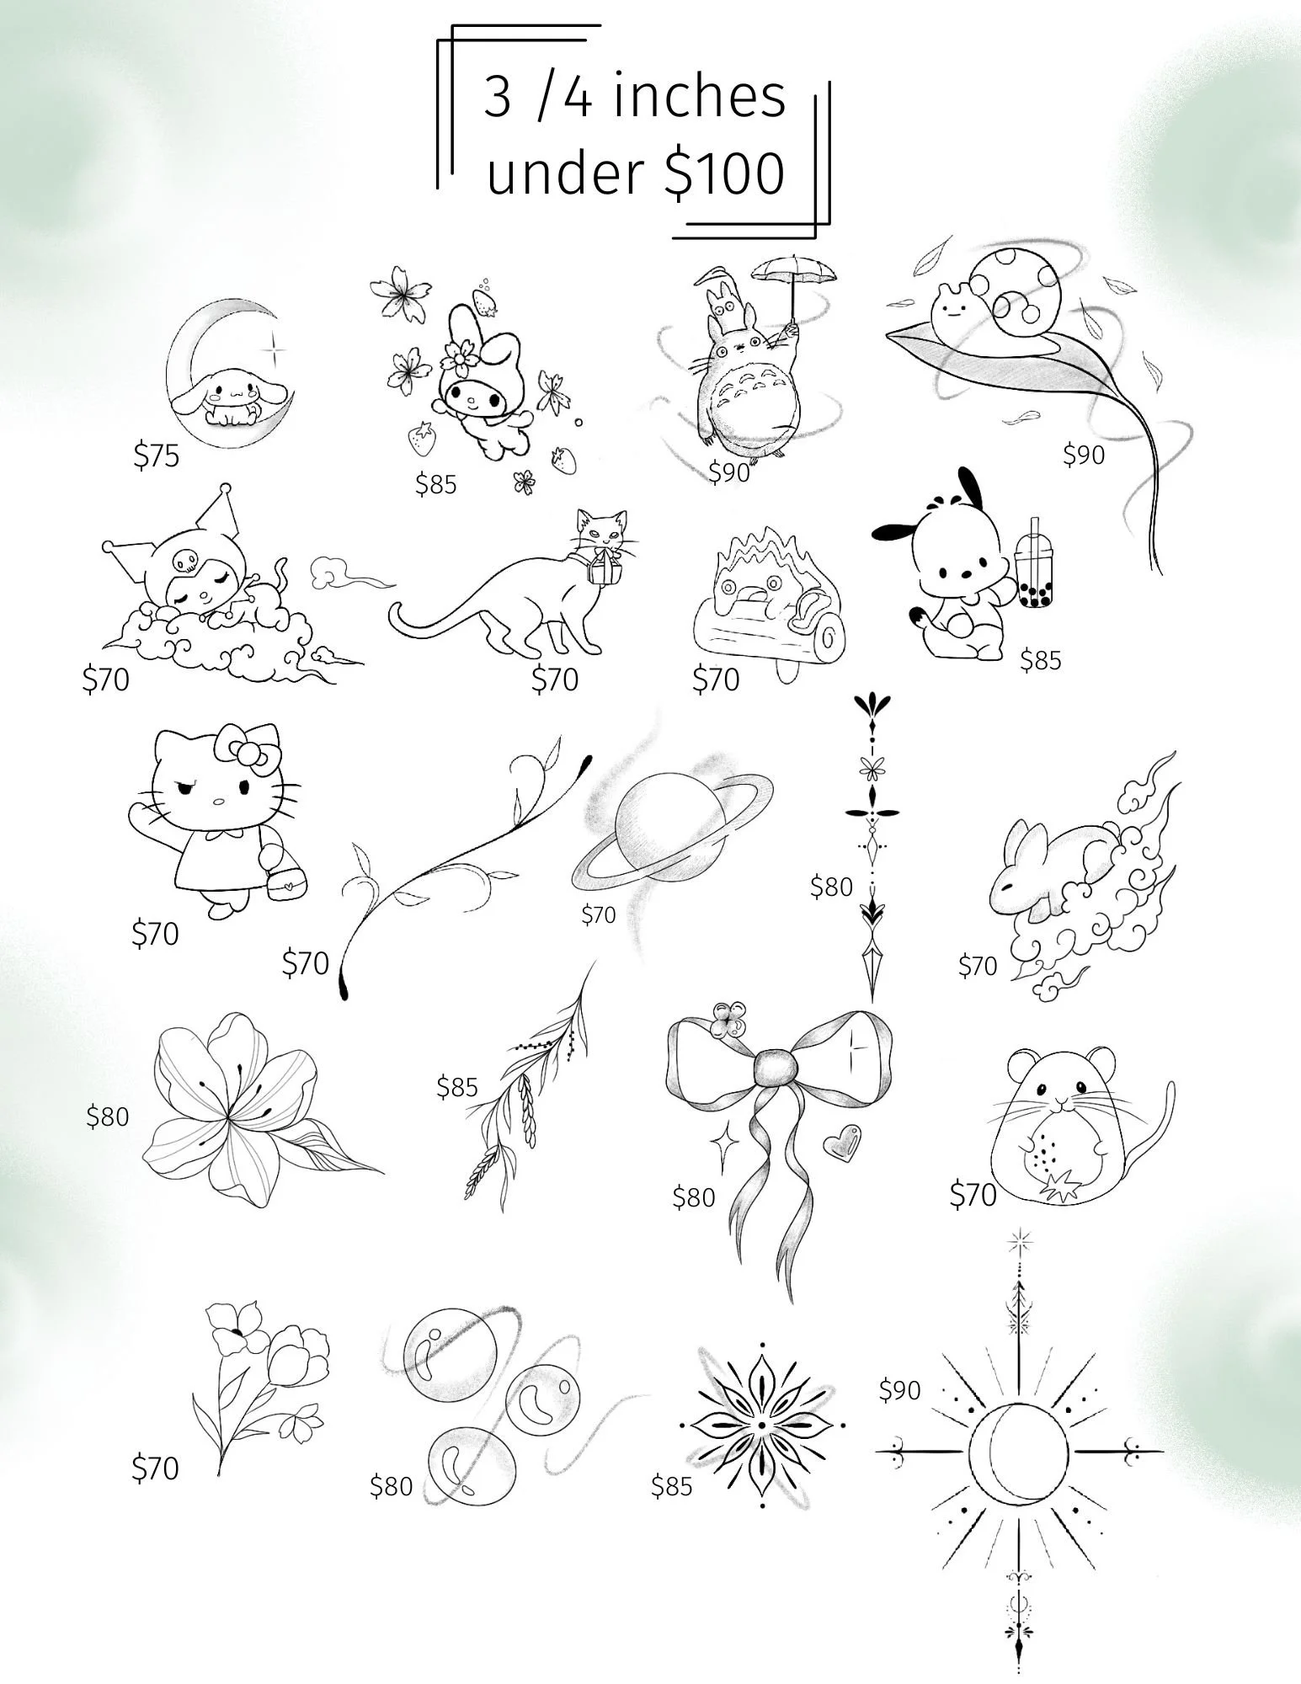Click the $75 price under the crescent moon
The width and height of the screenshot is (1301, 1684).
[x=157, y=456]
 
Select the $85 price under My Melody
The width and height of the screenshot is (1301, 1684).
[x=435, y=484]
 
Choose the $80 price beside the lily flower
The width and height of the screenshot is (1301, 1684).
[x=108, y=1116]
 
